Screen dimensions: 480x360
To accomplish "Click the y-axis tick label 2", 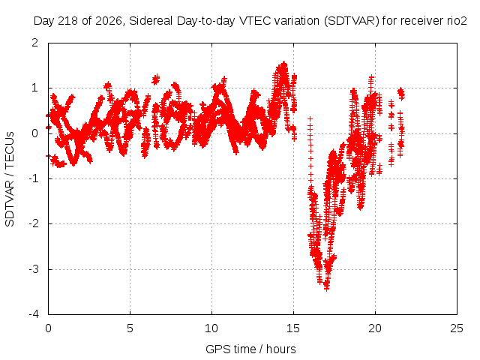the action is [35, 43].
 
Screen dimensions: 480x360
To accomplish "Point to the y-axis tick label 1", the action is [35, 88].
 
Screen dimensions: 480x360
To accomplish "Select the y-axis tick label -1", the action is [33, 178].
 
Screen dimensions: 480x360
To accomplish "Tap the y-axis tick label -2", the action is [33, 223].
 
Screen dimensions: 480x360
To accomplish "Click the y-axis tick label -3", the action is [33, 269].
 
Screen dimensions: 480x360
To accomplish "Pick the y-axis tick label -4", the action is [33, 314].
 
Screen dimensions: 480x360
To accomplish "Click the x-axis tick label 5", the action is [130, 328].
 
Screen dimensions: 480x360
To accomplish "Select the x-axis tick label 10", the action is [211, 328].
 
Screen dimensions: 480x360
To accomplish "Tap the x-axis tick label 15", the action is [293, 328].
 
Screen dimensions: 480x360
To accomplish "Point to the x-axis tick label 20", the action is [375, 328].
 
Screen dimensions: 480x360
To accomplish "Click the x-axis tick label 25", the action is [457, 328].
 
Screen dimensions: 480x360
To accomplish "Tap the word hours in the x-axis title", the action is [281, 349].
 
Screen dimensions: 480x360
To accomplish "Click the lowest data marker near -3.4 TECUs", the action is [326, 288].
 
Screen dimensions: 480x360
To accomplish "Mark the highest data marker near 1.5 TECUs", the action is [284, 64].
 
